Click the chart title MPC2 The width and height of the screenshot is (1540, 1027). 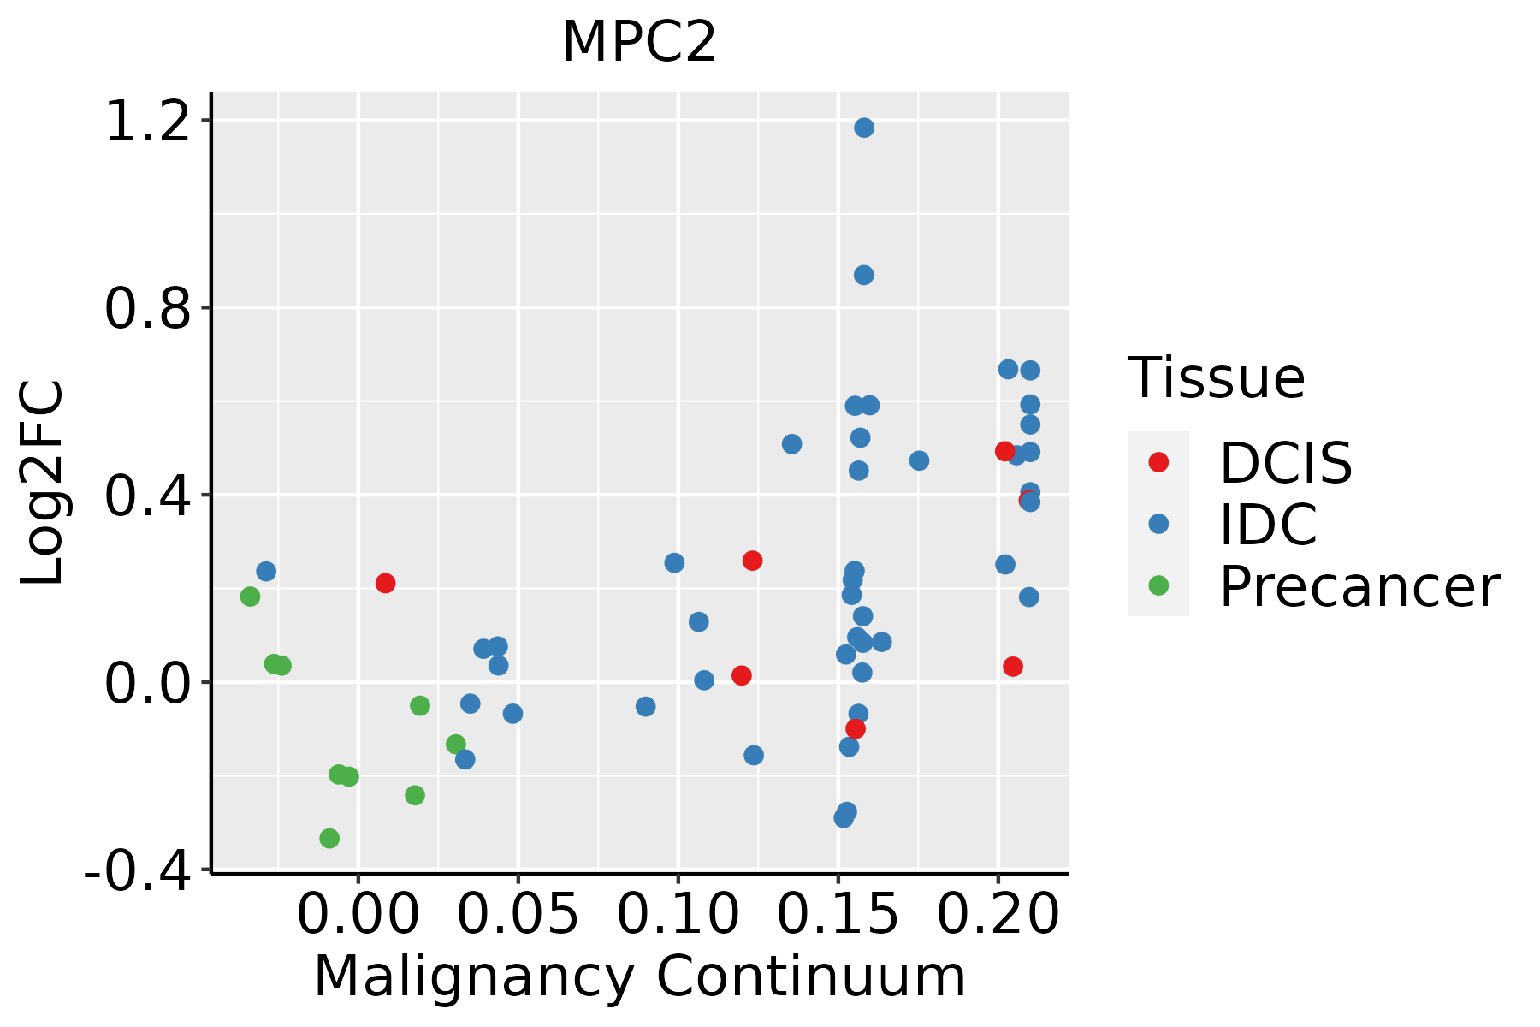coord(638,43)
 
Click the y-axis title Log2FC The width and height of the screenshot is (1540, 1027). coord(43,484)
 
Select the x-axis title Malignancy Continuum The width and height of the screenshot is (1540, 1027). coord(640,977)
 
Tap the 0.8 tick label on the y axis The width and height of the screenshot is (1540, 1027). coord(146,309)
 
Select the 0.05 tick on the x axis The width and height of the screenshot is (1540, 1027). coord(518,915)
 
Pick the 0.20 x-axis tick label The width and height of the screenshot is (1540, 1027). coord(998,915)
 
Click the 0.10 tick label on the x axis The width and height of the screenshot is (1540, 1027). coord(678,915)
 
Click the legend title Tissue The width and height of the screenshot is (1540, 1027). coord(1216,378)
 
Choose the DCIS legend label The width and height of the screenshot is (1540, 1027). coord(1285,463)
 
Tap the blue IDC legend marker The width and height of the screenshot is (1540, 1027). coord(1158,524)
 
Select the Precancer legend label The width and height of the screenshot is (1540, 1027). coord(1359,587)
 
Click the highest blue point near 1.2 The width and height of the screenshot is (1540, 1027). coord(864,128)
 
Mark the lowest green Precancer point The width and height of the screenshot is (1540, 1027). coord(329,838)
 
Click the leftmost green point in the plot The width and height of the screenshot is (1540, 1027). coord(250,597)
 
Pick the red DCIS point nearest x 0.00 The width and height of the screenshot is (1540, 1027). coord(385,583)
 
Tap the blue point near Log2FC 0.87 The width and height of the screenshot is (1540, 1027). coord(863,275)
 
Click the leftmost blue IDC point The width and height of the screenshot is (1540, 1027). coord(266,571)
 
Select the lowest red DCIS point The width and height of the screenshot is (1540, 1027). coord(855,728)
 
